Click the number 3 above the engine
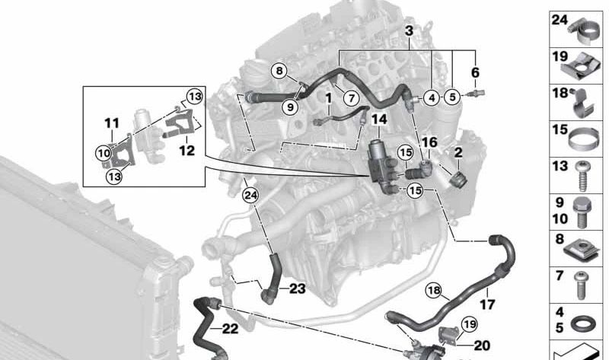tap(409, 30)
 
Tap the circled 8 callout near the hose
tap(279, 71)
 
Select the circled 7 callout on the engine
tap(352, 98)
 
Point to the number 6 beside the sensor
tap(475, 72)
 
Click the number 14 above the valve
tap(379, 119)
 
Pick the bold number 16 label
tap(429, 142)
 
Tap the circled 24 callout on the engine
tap(250, 196)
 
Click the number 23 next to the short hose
tap(298, 288)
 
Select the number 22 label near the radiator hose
tap(230, 329)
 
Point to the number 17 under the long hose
tap(487, 304)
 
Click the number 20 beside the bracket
tap(482, 345)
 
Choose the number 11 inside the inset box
tap(112, 123)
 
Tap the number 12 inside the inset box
tap(187, 150)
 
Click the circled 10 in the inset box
tap(104, 154)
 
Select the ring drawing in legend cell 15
tap(583, 139)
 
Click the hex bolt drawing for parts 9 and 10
tap(582, 212)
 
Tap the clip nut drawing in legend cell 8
tap(582, 249)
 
